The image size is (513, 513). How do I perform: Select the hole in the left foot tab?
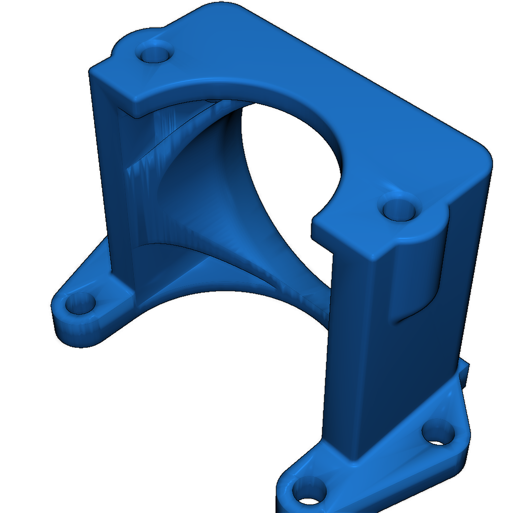[80, 304]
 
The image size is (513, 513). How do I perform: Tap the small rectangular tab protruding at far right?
[466, 373]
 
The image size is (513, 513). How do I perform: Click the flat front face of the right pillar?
[351, 351]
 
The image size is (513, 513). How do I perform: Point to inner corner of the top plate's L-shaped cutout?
[314, 220]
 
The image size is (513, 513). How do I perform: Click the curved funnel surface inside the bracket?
[210, 200]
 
